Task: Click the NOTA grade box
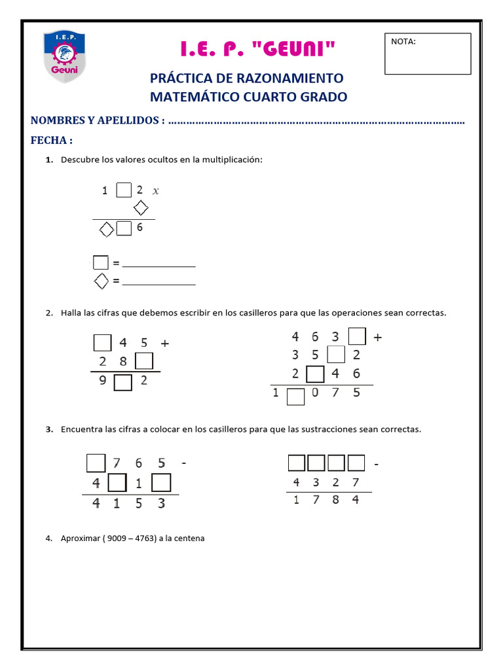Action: coord(427,54)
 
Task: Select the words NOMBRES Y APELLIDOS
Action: coord(96,120)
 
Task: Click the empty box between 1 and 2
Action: coord(123,190)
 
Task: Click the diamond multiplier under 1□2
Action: coord(140,209)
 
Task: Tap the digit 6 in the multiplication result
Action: coord(140,228)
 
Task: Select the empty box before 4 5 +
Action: coord(103,342)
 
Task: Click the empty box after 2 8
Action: coord(144,361)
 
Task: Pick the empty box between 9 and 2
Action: coord(123,382)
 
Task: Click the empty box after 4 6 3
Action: coord(357,337)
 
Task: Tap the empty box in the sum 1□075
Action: coord(296,397)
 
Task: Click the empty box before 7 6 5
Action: coord(96,463)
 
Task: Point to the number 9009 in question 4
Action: coord(116,538)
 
